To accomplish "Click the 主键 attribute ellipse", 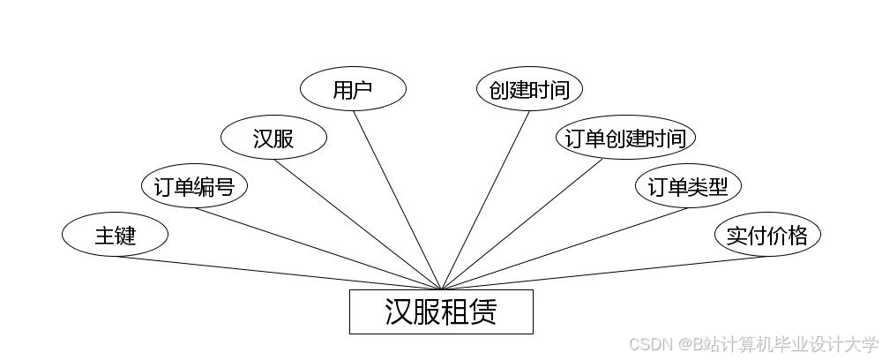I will (x=115, y=235).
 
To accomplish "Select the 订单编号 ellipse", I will (x=194, y=186).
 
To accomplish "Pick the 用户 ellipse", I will (x=353, y=89).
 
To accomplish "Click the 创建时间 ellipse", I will (x=529, y=89).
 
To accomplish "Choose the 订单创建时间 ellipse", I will (x=625, y=138).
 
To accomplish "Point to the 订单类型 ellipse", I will (x=688, y=186).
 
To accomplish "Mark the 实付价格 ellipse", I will (x=767, y=235).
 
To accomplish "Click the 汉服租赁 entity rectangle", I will (x=441, y=311).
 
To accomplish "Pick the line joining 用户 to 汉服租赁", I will (x=397, y=200).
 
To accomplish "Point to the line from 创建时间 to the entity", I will (x=485, y=200).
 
